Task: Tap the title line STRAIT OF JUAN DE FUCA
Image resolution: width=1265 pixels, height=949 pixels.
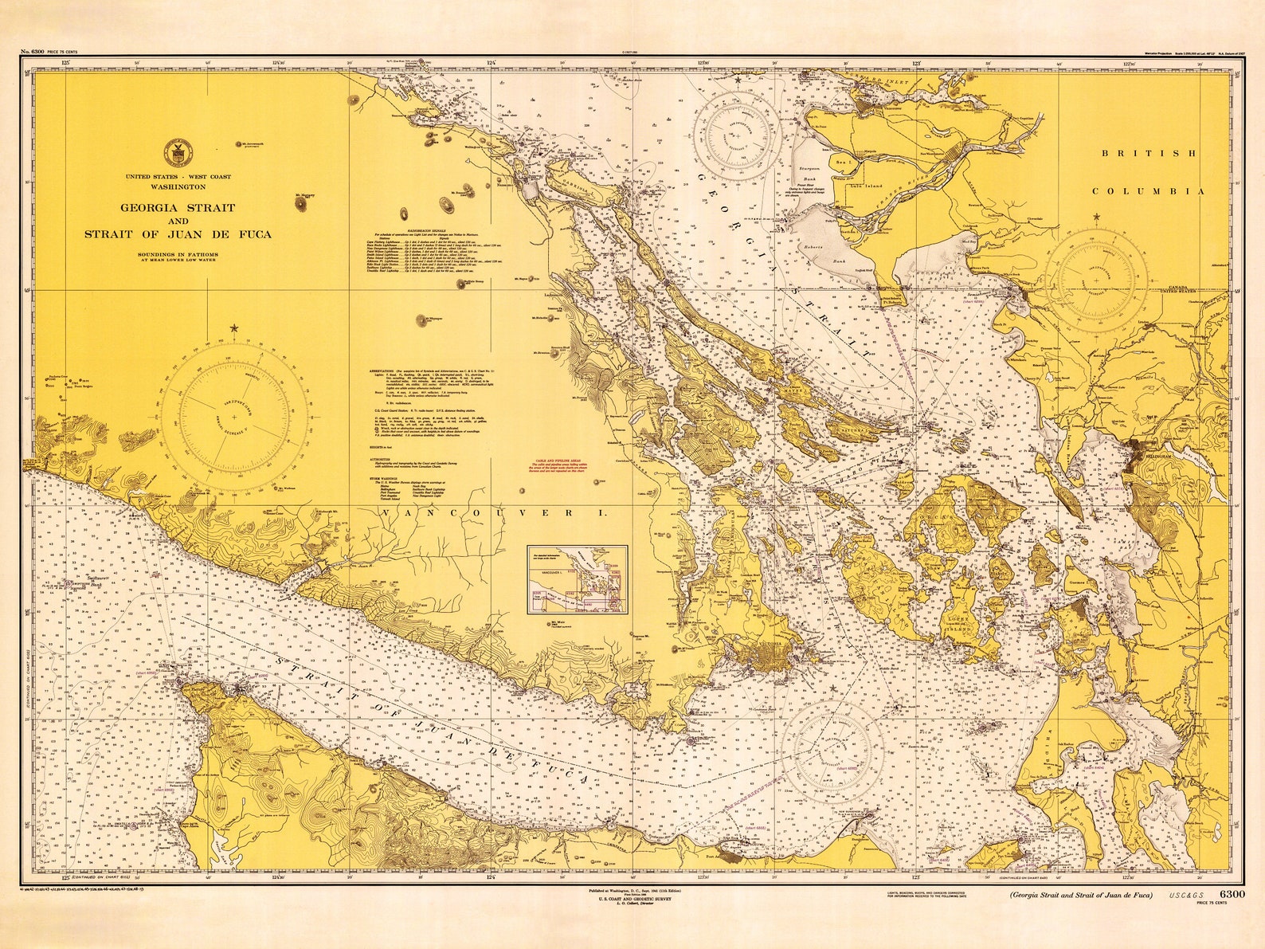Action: coord(178,234)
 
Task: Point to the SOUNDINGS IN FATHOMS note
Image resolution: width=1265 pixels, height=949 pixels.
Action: coord(178,254)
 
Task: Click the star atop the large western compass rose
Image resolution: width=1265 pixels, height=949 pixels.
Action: coord(234,328)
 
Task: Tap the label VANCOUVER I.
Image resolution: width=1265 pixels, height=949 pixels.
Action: coord(494,515)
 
